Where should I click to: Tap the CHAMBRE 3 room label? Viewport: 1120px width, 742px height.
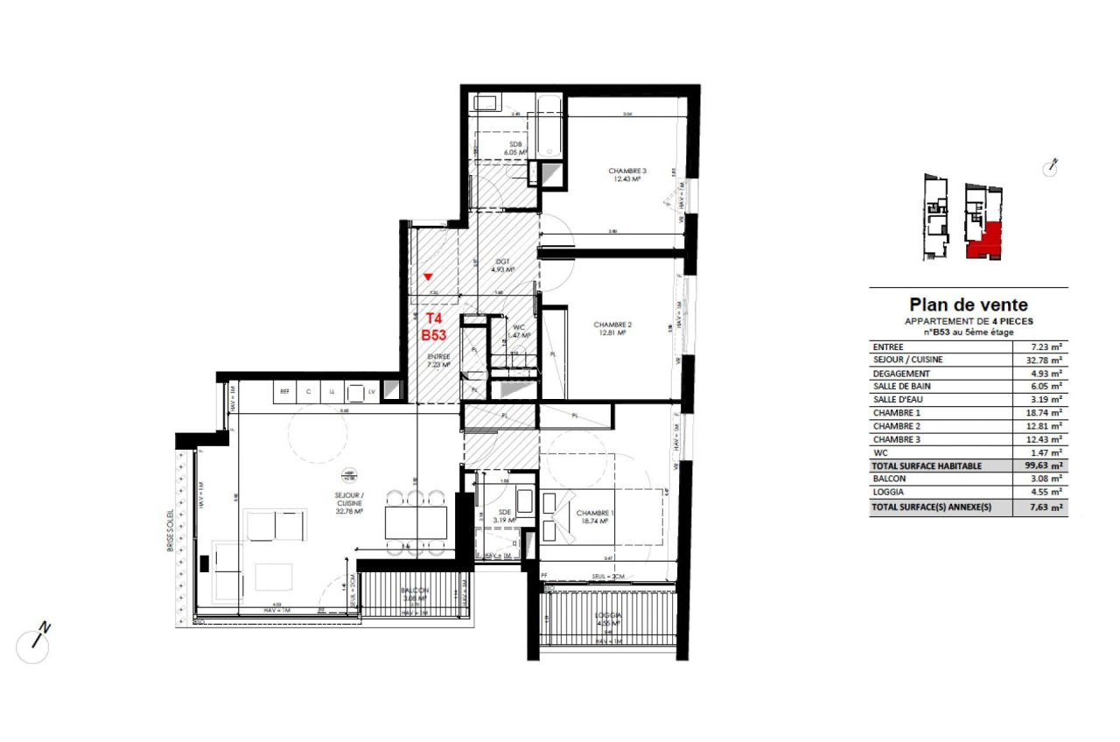(x=626, y=175)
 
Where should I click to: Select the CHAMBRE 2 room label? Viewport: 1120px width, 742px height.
(x=612, y=328)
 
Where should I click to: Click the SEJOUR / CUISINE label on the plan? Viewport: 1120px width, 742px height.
(x=350, y=499)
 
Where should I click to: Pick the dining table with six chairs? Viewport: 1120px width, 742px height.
(x=416, y=522)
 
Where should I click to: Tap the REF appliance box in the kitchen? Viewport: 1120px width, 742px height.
(x=284, y=393)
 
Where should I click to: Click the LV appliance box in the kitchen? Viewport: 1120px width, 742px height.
(x=372, y=393)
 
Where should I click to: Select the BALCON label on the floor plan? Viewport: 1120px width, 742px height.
(x=414, y=594)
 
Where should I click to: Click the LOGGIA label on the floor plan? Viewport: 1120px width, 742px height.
(x=608, y=619)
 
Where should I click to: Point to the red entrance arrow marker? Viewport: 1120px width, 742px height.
(x=428, y=276)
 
